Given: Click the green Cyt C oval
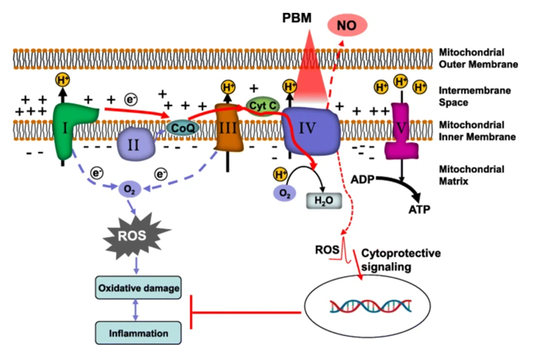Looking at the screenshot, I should [x=263, y=106].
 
